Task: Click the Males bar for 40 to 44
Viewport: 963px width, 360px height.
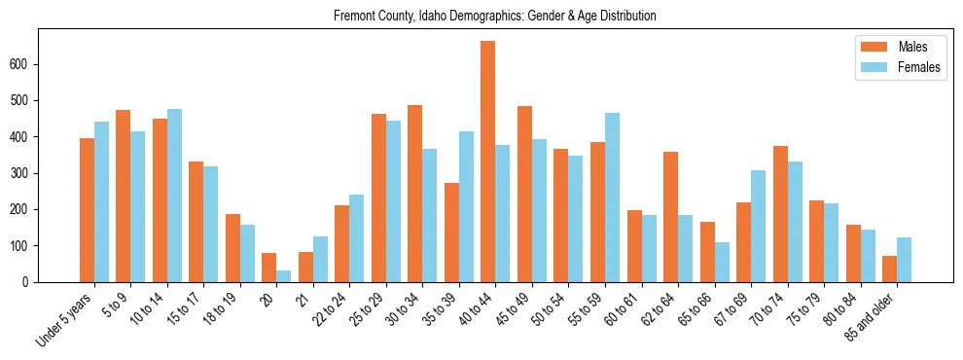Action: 488,162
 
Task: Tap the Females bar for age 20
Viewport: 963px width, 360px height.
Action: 283,276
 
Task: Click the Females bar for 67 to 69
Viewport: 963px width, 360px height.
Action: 758,227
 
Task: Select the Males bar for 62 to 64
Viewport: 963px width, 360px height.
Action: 670,217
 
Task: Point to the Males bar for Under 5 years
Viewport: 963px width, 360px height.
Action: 87,210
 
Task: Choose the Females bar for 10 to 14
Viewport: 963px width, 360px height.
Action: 174,196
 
